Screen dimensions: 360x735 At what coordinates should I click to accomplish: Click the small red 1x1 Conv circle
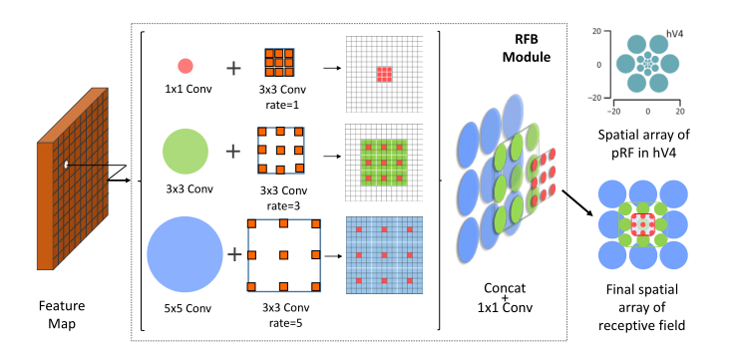point(184,67)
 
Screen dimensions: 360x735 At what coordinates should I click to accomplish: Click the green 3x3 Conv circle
point(185,153)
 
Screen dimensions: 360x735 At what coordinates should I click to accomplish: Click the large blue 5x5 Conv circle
point(186,254)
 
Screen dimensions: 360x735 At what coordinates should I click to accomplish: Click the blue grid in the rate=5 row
point(383,254)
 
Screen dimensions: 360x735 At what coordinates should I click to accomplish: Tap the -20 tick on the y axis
point(594,98)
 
